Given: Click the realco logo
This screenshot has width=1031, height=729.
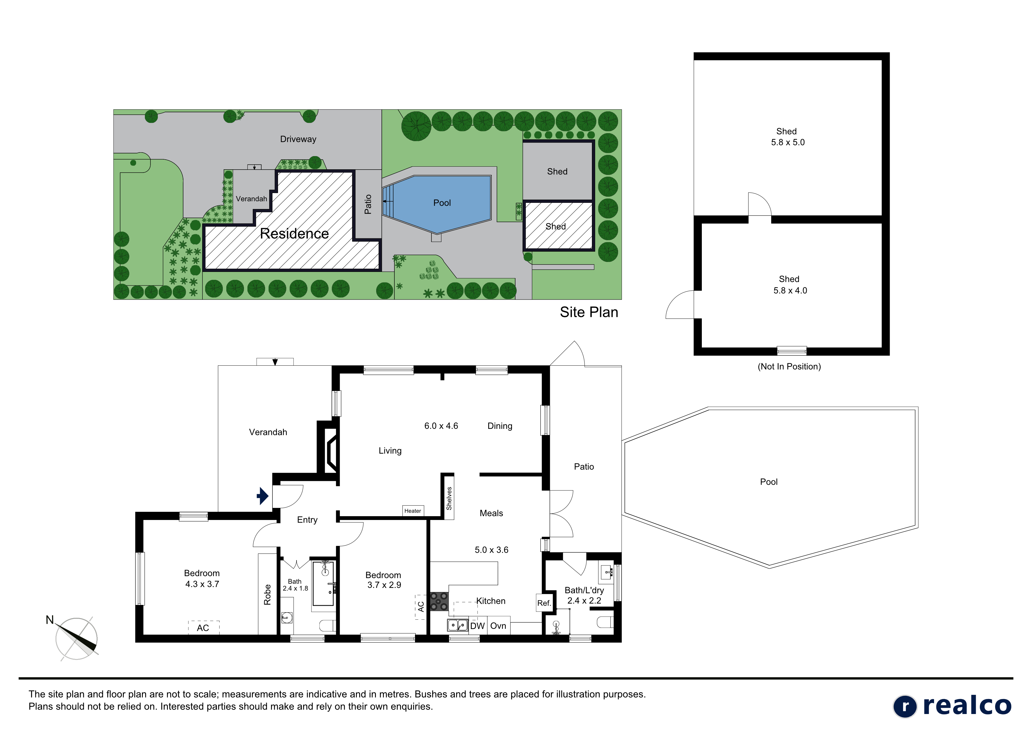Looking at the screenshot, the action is (x=952, y=706).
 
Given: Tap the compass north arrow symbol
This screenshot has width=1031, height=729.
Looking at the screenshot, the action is (x=77, y=638).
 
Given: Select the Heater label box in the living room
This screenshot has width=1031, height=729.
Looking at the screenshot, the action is (x=413, y=511).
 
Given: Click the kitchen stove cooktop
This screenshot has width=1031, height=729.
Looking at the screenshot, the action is (x=439, y=601).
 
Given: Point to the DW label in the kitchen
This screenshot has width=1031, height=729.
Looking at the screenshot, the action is (x=477, y=626).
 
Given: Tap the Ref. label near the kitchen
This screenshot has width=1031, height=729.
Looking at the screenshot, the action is (x=544, y=603).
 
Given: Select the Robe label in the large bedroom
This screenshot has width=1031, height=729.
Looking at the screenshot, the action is (x=267, y=594).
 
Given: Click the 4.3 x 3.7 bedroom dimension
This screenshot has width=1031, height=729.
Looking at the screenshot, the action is (x=202, y=584).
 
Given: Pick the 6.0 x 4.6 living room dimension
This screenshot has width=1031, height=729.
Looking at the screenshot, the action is (x=441, y=426).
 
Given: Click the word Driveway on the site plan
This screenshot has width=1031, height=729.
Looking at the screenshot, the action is (x=298, y=139).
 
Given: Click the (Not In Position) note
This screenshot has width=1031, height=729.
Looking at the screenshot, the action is (x=789, y=367).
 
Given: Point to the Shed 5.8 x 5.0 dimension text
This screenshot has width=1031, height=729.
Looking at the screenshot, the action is (x=788, y=142).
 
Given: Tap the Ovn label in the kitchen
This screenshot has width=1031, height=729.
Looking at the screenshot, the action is (x=498, y=626).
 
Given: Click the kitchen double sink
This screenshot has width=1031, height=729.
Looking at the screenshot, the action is (x=458, y=625).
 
